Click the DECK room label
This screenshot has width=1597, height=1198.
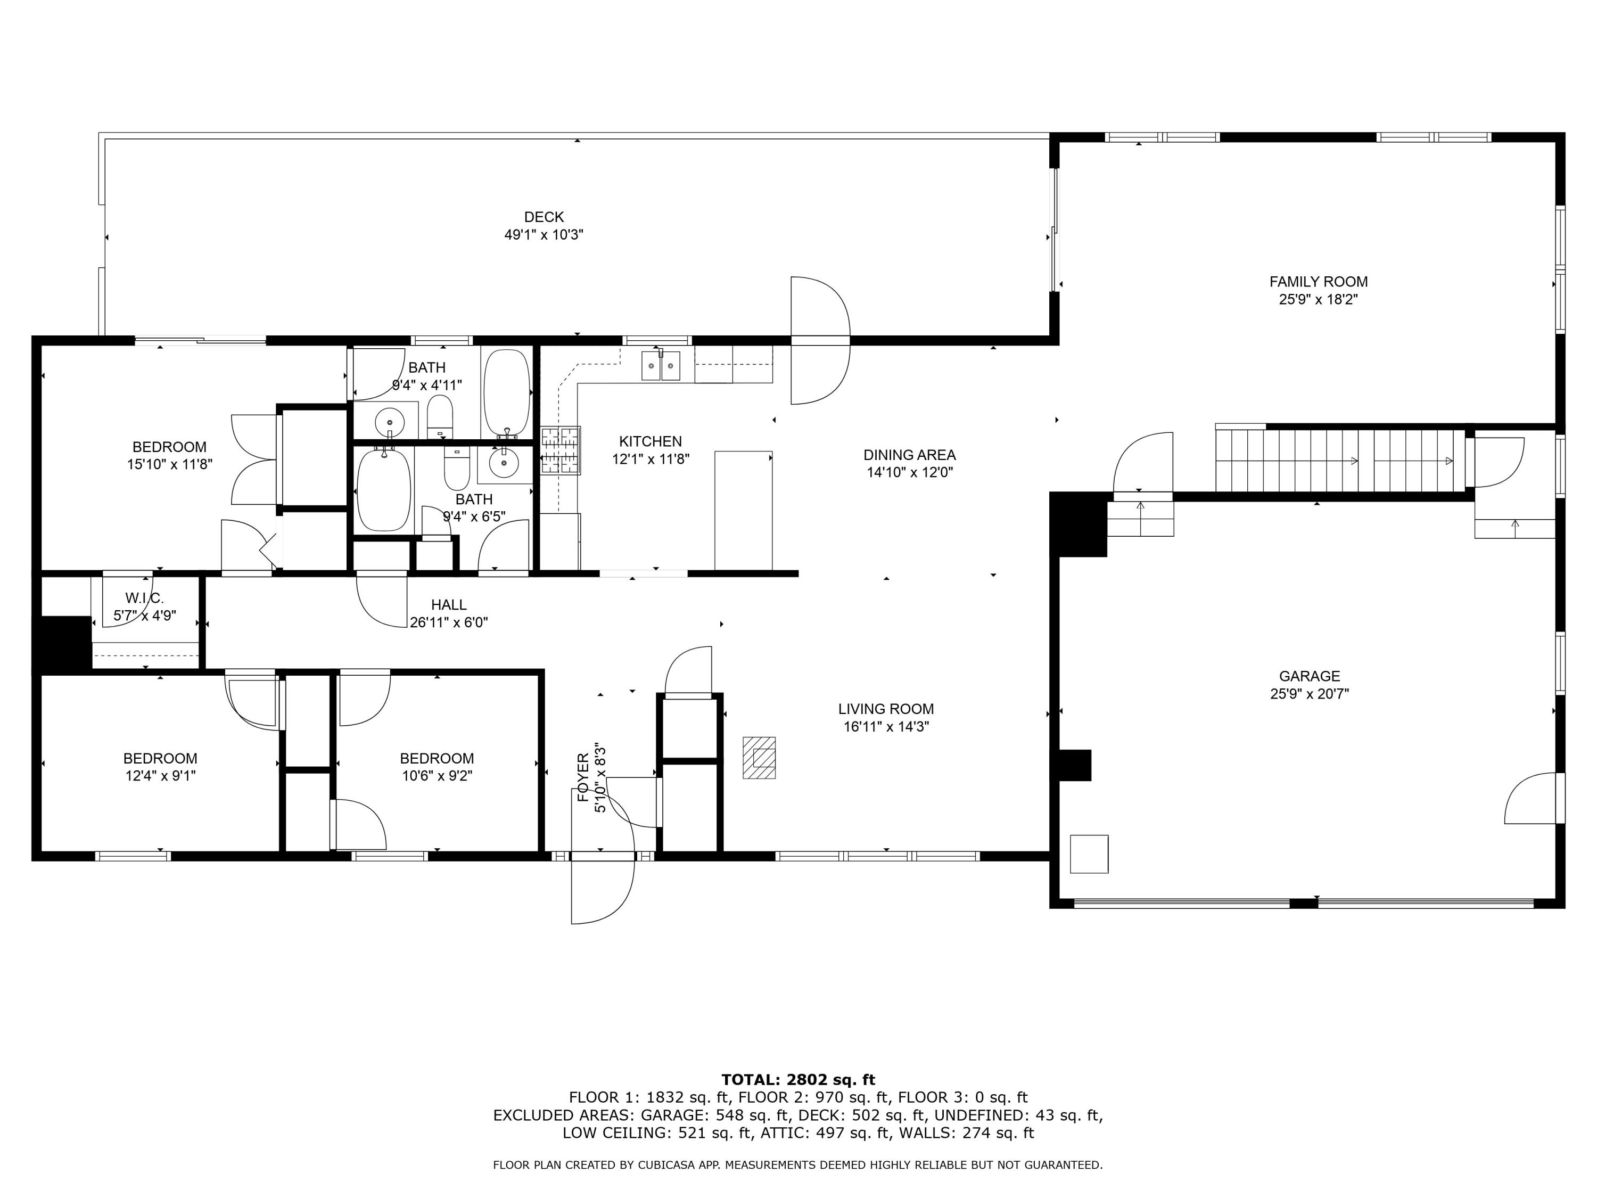tap(544, 217)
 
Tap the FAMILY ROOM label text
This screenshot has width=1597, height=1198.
tap(1318, 282)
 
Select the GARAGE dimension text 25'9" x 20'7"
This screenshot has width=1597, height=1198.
tap(1310, 694)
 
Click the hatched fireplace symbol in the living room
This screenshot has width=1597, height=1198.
tap(760, 758)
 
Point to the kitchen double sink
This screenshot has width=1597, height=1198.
tap(661, 365)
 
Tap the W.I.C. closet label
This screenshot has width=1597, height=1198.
tap(144, 598)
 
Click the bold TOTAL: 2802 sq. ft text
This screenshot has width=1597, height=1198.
tap(798, 1080)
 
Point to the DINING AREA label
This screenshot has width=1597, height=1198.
tap(910, 455)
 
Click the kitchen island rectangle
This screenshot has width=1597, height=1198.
tap(744, 511)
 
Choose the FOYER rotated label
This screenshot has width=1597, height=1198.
tap(582, 778)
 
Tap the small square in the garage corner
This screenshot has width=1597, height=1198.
tap(1089, 854)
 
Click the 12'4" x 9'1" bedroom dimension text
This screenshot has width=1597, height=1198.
tap(160, 776)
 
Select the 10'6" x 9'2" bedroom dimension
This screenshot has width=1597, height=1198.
tap(437, 776)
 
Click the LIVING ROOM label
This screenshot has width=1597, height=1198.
tap(886, 709)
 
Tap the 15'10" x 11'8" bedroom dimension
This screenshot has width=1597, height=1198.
tap(170, 464)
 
